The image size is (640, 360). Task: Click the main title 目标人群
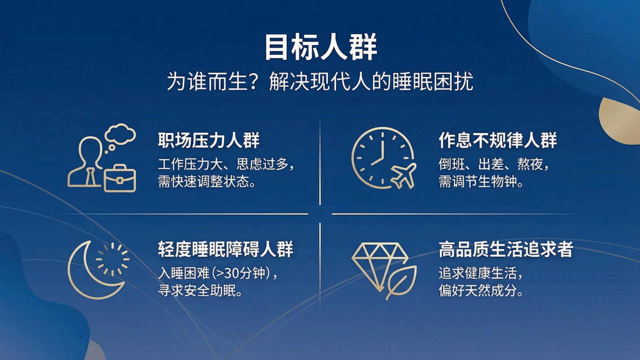coord(320,47)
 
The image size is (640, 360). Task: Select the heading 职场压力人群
coord(208,140)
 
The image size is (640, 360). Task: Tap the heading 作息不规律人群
coord(498,140)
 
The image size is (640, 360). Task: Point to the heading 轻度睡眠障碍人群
coord(225,249)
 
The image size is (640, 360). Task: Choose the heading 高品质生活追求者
coord(506,249)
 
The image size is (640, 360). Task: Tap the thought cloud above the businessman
coord(120,134)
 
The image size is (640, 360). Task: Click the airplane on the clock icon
coord(403,175)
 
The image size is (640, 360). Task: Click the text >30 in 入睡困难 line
coord(226,273)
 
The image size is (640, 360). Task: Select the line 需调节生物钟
coord(481,182)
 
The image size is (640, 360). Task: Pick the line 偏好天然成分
coord(481,291)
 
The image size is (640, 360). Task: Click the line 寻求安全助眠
coord(200,291)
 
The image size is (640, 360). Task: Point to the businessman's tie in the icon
coord(91,176)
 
